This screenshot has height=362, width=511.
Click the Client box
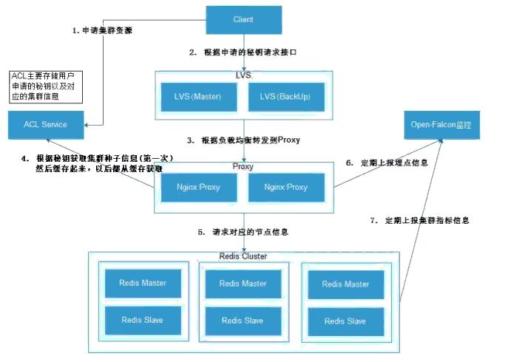[x=243, y=18]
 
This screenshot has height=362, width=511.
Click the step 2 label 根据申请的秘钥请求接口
[x=243, y=52]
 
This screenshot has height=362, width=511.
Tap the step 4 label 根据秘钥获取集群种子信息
[x=92, y=158]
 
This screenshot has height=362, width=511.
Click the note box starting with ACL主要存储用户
[x=46, y=86]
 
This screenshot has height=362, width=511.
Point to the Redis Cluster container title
[x=243, y=256]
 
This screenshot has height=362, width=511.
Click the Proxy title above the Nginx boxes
[x=243, y=167]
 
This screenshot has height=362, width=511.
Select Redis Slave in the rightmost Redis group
[x=345, y=321]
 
